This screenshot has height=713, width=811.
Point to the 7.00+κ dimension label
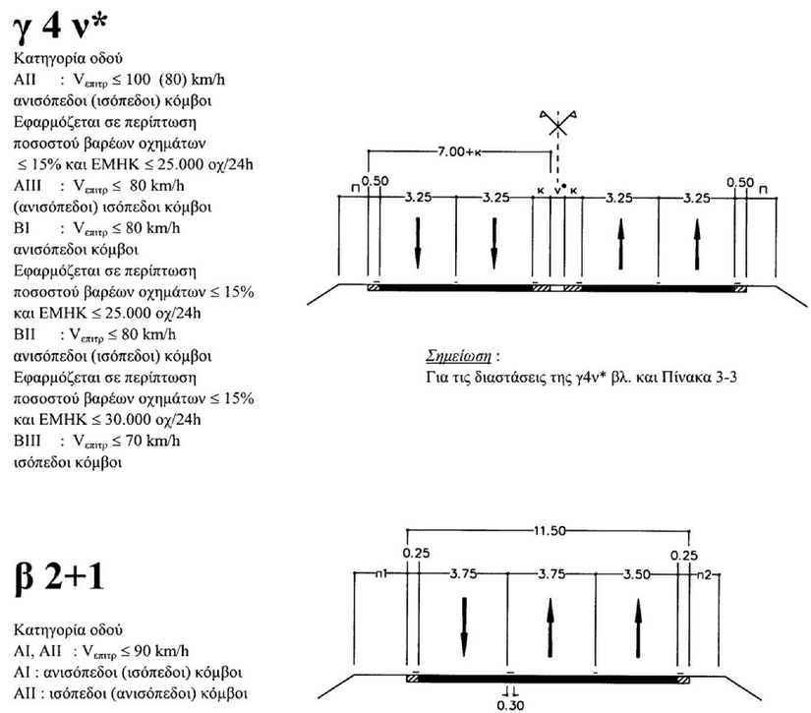[x=459, y=151]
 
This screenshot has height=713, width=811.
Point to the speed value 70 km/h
[x=153, y=441]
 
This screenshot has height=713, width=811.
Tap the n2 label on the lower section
[x=702, y=572]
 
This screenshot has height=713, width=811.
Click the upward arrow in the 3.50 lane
[x=639, y=624]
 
